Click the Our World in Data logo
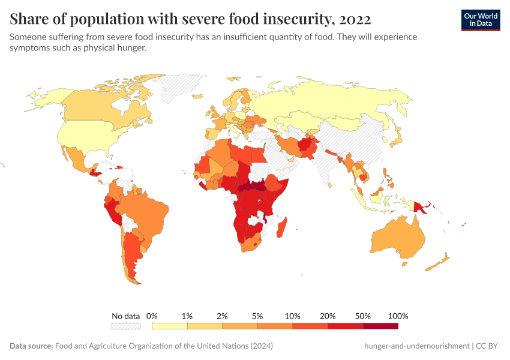pos(480,20)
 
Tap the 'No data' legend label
pos(125,316)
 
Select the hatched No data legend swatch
pos(125,326)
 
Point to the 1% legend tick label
pos(187,316)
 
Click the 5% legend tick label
pos(257,316)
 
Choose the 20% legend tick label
pos(328,316)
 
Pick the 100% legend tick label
pos(398,316)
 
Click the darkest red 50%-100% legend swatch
pos(380,326)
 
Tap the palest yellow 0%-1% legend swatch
pos(170,326)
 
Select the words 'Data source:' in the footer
pos(31,346)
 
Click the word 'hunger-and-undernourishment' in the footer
pos(416,346)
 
